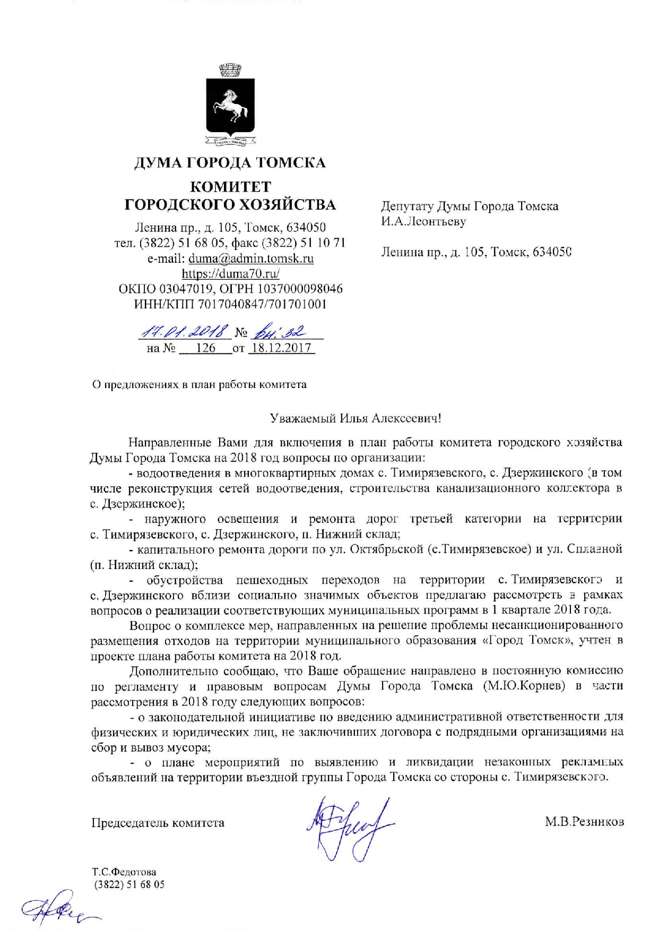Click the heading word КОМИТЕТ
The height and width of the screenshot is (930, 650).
(x=230, y=187)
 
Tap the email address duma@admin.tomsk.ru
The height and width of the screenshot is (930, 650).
(x=251, y=259)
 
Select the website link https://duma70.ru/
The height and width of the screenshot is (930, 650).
(x=230, y=274)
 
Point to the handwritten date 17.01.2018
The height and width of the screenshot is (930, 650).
(x=186, y=332)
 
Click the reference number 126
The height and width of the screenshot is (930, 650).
(x=205, y=348)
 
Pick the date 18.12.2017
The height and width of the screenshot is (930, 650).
(x=281, y=348)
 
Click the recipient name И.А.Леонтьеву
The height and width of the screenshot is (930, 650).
(x=423, y=221)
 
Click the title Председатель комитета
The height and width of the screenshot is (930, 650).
(x=158, y=823)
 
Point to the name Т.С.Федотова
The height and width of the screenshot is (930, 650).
(x=124, y=872)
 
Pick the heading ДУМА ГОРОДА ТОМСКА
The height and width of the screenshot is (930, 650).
(x=230, y=162)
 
